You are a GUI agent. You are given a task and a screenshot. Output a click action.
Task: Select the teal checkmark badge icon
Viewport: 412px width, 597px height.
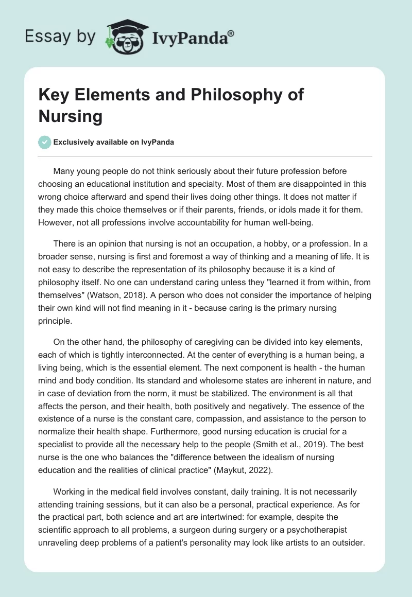tap(45, 142)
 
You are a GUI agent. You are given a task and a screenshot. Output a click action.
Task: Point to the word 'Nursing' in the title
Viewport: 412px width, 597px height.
tap(70, 116)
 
